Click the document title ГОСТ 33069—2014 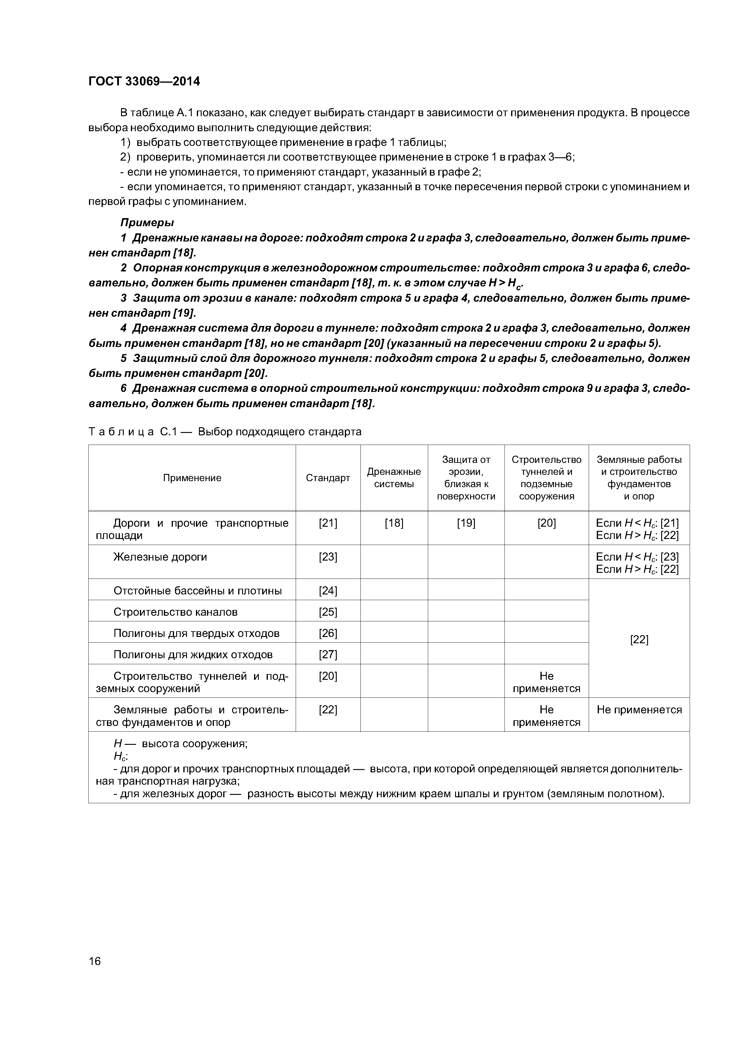pos(144,81)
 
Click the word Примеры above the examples pos(147,223)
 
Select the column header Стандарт pos(328,478)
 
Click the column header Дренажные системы pos(394,478)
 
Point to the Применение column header pos(192,478)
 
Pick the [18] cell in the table pos(394,523)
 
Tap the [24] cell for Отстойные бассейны pos(328,591)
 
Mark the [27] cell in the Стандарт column pos(328,655)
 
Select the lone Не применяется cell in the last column pos(639,710)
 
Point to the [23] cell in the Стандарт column pos(328,557)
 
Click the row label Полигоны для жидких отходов pos(193,655)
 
